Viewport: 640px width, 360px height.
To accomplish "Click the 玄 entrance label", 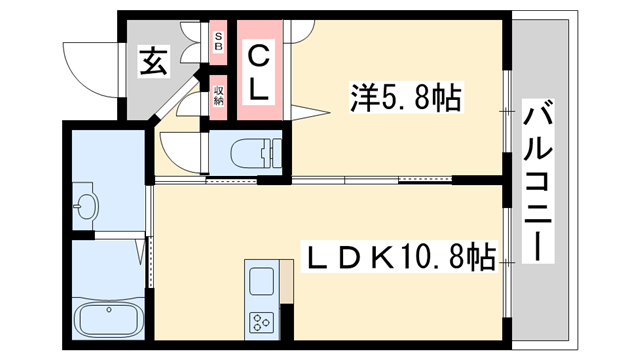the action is coord(152,63).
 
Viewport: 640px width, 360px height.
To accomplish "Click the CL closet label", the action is coord(258,72).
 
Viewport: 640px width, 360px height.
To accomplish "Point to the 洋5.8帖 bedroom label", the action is coord(404,97).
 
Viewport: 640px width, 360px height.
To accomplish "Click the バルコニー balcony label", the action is coord(540,181).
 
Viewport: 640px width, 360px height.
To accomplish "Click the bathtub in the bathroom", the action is coord(110,323).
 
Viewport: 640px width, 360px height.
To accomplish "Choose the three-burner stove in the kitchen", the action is coord(263,323).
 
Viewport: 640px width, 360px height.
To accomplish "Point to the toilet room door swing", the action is coord(180,150).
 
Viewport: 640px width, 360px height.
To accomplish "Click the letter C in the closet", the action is coord(258,55).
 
